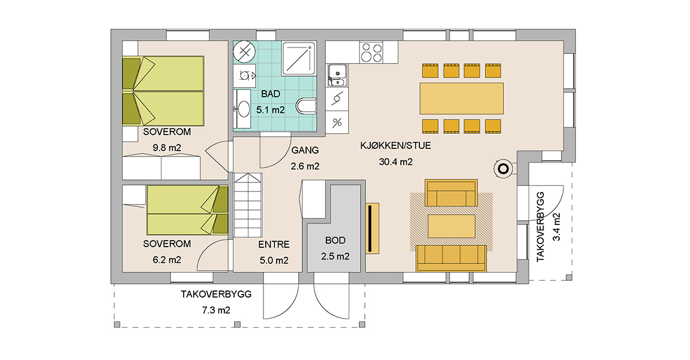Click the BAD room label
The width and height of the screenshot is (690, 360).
[x=270, y=94]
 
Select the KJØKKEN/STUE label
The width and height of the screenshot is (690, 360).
[x=395, y=145]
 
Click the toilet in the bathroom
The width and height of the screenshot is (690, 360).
[x=306, y=107]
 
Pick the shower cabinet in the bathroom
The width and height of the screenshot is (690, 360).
[x=299, y=59]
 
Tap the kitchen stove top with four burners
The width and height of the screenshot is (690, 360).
[x=371, y=53]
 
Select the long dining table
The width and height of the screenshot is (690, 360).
[x=462, y=98]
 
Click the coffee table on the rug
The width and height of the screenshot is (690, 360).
[x=451, y=226]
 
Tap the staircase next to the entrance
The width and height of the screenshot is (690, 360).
[x=248, y=205]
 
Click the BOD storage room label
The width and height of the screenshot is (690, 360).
[x=335, y=240]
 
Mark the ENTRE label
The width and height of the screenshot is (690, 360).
[x=274, y=245]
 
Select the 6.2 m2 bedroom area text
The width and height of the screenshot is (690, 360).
[x=162, y=260]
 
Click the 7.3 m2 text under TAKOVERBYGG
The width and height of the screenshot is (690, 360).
[x=215, y=310]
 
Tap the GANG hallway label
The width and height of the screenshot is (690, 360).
[x=304, y=151]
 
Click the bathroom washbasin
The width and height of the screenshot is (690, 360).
[x=244, y=109]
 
